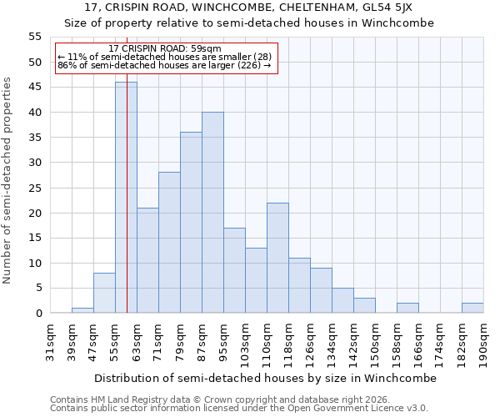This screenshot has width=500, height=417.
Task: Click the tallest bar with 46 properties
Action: (x=126, y=198)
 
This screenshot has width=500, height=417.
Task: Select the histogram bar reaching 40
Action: (x=212, y=213)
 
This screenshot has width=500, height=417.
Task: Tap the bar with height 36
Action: (x=191, y=223)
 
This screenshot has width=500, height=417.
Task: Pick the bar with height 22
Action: (x=277, y=258)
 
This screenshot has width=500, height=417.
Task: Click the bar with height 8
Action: (x=104, y=293)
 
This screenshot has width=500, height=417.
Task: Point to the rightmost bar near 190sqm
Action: (x=472, y=308)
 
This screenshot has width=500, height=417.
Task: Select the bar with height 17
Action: (x=234, y=270)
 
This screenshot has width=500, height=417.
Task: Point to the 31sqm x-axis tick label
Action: (x=50, y=341)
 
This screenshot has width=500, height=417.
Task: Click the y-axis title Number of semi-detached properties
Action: (x=8, y=179)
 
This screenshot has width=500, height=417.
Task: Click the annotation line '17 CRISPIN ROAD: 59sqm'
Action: (x=164, y=49)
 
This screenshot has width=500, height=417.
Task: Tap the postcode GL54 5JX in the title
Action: (x=390, y=8)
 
